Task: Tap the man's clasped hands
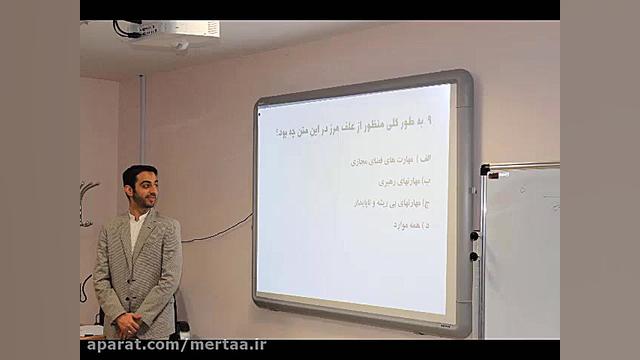coord(129,323)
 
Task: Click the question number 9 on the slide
coord(430,120)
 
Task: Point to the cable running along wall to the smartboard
coord(215,235)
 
